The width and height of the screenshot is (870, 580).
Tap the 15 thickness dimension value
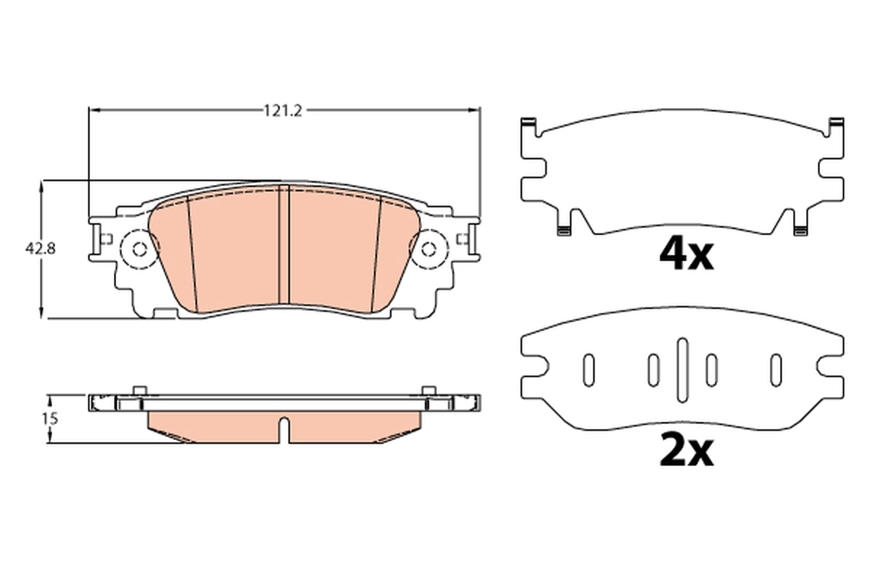click(x=49, y=418)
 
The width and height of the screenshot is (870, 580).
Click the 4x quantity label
click(x=686, y=254)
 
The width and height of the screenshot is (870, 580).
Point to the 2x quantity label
click(x=686, y=451)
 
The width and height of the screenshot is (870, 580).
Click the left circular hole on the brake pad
click(x=140, y=249)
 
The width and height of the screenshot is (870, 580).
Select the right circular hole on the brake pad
click(x=429, y=249)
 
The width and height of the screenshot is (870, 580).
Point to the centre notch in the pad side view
click(x=284, y=429)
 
